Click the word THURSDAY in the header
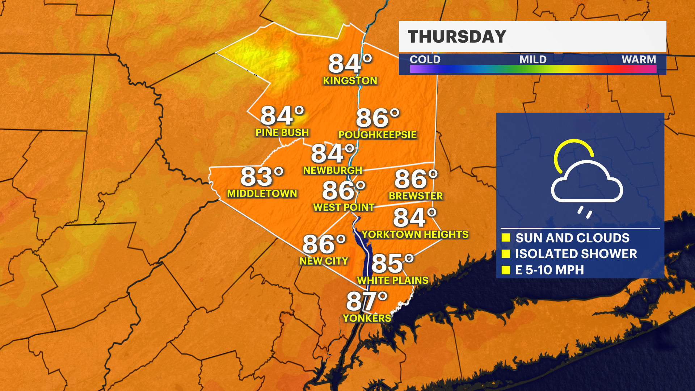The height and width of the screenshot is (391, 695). (457, 37)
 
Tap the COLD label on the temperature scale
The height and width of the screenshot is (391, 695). (425, 59)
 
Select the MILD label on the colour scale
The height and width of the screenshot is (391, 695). (533, 59)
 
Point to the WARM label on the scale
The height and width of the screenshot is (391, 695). (639, 59)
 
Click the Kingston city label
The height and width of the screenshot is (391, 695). (350, 81)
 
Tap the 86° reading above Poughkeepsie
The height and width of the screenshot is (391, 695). (378, 118)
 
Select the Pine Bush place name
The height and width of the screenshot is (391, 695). (282, 133)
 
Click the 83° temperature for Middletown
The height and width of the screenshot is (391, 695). (262, 177)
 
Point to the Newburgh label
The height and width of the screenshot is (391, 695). (332, 170)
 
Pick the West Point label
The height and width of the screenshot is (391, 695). (344, 207)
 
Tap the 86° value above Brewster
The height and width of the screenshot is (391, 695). (416, 179)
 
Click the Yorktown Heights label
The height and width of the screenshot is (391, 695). (415, 235)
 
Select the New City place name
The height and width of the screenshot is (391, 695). (324, 261)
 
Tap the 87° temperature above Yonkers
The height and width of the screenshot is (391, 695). (367, 301)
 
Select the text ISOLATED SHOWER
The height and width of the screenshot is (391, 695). (576, 254)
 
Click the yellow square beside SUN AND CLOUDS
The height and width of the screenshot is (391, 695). (506, 237)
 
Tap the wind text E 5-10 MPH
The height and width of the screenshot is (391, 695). (549, 270)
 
